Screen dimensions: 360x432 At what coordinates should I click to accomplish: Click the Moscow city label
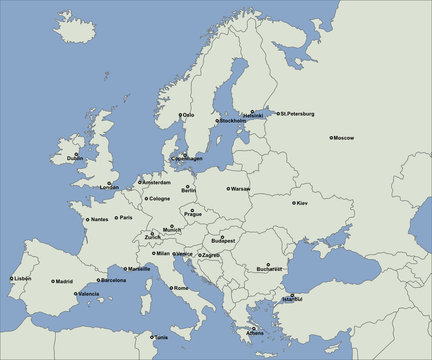pyautogui.click(x=345, y=137)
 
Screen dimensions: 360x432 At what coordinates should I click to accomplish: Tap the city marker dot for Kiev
pyautogui.click(x=293, y=203)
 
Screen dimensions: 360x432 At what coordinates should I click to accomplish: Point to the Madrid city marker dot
pyautogui.click(x=54, y=281)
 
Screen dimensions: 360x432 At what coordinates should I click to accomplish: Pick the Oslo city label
pyautogui.click(x=189, y=115)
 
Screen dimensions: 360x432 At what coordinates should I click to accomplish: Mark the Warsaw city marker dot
pyautogui.click(x=229, y=188)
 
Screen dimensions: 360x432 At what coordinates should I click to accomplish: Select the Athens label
pyautogui.click(x=255, y=332)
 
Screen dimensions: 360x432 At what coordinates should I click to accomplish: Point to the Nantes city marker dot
pyautogui.click(x=85, y=219)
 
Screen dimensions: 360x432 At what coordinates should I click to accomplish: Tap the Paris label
pyautogui.click(x=126, y=218)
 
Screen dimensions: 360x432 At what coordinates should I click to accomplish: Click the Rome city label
pyautogui.click(x=181, y=288)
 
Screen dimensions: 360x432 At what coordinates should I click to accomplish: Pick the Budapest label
pyautogui.click(x=223, y=240)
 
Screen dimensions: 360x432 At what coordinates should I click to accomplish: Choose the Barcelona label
pyautogui.click(x=114, y=280)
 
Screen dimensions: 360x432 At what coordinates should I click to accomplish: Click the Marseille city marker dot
pyautogui.click(x=125, y=269)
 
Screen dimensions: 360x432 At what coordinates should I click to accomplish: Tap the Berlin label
pyautogui.click(x=189, y=190)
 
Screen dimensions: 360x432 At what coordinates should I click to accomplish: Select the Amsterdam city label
pyautogui.click(x=157, y=182)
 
